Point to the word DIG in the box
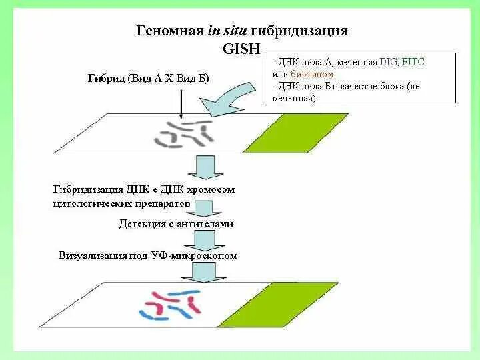[388, 62]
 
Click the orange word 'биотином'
[311, 74]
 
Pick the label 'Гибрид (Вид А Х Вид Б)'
[148, 78]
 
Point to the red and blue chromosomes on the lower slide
[169, 303]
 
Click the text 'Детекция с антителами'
[176, 224]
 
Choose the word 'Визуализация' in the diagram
[90, 255]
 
